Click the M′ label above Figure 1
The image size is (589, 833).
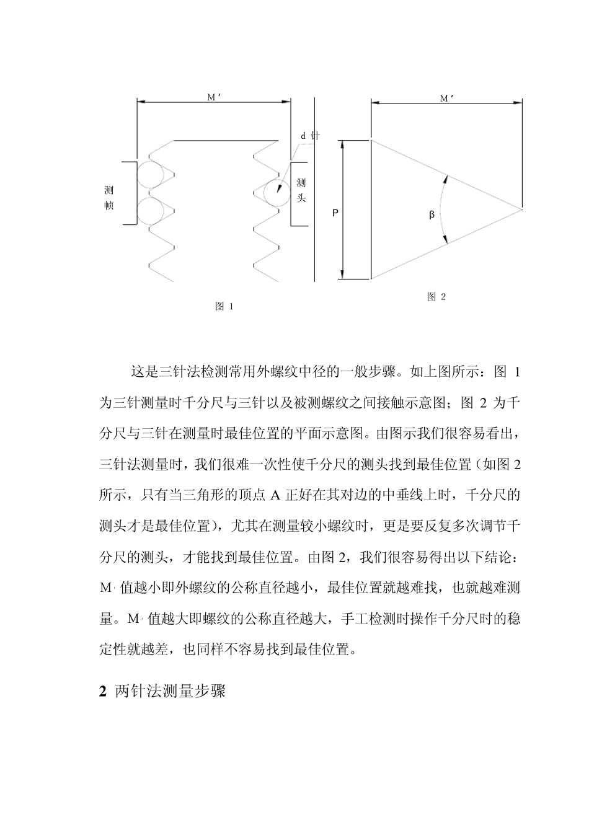click(214, 97)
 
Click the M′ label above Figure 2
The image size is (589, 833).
click(447, 98)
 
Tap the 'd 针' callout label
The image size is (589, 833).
click(309, 136)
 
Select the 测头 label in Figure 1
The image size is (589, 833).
click(301, 190)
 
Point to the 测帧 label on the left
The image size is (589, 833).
click(109, 197)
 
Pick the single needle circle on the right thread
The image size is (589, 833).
click(277, 192)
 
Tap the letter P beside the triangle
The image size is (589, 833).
click(335, 213)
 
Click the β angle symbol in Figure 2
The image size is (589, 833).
click(432, 215)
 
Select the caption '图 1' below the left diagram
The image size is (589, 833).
click(223, 306)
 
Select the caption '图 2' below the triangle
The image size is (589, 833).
click(436, 296)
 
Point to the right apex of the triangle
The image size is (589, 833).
click(521, 209)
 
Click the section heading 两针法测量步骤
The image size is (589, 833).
click(170, 692)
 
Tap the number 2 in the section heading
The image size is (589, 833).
click(103, 692)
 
